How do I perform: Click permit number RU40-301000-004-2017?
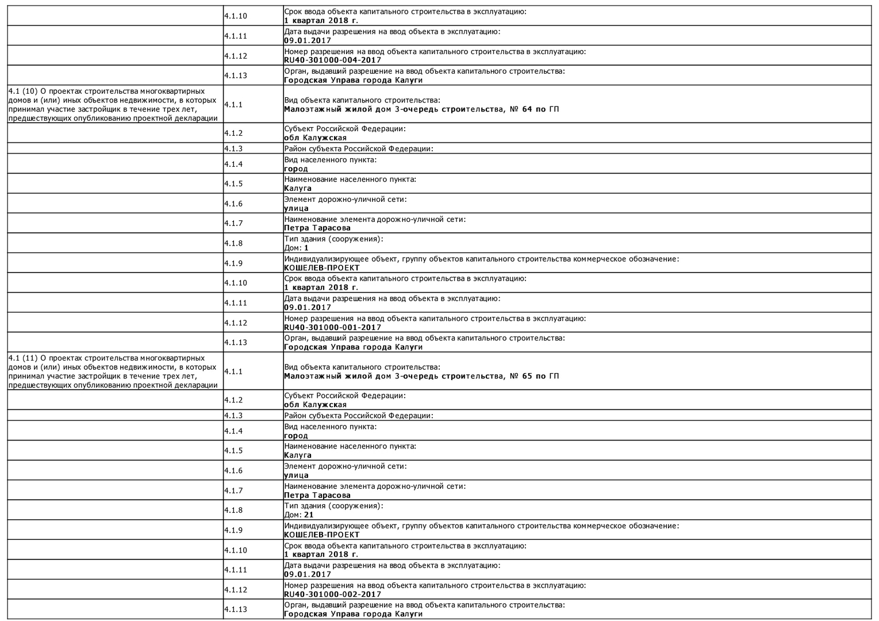(332, 60)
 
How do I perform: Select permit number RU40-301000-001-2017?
(332, 327)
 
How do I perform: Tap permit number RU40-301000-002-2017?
(332, 594)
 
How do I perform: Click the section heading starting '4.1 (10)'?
(113, 105)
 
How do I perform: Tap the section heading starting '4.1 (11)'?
(113, 371)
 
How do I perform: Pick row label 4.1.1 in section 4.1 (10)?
(233, 105)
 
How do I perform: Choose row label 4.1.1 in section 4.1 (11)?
(233, 371)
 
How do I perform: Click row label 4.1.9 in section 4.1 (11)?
(233, 530)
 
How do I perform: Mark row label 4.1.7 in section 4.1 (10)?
(233, 223)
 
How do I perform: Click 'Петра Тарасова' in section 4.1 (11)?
(317, 495)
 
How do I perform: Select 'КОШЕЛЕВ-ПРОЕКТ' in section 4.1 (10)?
(322, 267)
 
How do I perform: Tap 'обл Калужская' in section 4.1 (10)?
(315, 138)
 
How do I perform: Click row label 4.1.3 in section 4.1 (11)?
(233, 416)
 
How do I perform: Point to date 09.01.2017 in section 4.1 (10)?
(308, 307)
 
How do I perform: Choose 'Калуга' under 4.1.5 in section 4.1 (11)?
(298, 455)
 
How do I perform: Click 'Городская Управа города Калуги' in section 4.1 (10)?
(353, 347)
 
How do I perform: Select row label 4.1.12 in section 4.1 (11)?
(236, 589)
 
